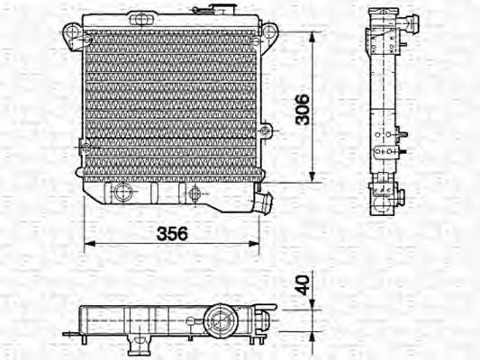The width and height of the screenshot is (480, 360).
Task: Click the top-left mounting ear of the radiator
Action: point(72,33)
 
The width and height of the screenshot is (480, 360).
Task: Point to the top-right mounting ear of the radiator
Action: point(267,33)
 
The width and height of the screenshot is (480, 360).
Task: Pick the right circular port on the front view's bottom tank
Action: point(195,191)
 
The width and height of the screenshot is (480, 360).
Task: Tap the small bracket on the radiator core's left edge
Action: point(81,144)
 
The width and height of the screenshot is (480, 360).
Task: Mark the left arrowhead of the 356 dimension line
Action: point(87,245)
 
